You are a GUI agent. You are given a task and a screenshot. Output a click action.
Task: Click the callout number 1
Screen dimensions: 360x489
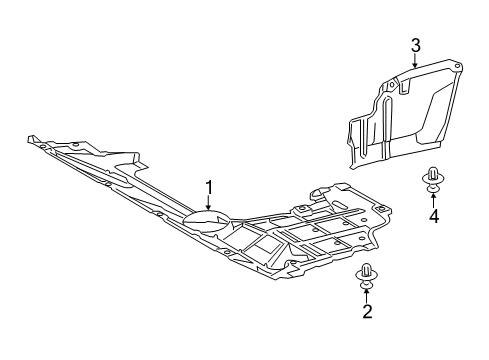210,185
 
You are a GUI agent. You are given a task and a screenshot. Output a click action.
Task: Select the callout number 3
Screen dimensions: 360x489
414,43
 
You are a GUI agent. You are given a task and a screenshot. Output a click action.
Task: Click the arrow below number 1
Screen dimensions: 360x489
210,202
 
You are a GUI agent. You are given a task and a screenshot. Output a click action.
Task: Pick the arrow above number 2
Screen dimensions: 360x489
368,323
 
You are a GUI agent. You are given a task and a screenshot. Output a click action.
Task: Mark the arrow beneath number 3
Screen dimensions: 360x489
414,60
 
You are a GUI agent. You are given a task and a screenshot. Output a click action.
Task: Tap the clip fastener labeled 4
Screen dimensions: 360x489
433,172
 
